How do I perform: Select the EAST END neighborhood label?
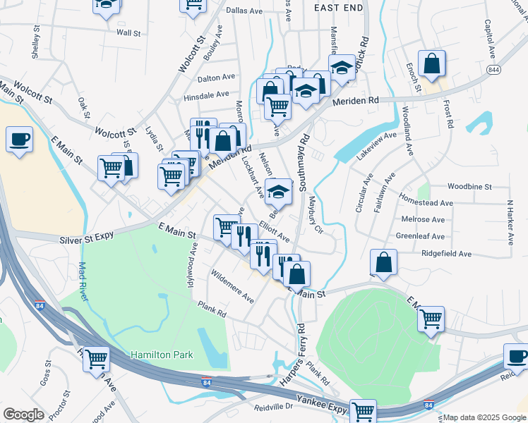[x=338, y=8]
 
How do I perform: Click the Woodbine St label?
[x=469, y=187]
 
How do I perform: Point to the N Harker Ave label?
[x=508, y=222]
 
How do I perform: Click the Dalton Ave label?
[x=217, y=77]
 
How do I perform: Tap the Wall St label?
[x=128, y=32]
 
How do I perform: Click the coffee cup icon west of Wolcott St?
[x=20, y=138]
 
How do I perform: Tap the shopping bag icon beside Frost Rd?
[x=431, y=63]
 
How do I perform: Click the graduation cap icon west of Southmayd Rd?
[x=278, y=191]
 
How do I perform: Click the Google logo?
[x=23, y=415]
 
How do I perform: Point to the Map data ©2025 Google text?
[x=484, y=417]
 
